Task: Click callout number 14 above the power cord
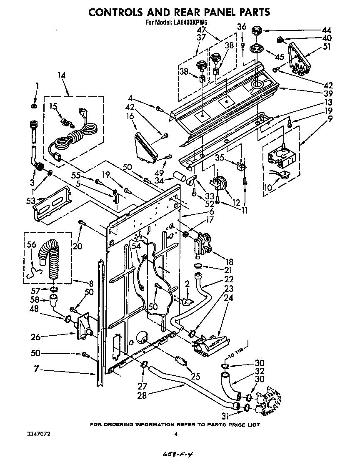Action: [62, 75]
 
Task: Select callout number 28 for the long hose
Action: [142, 395]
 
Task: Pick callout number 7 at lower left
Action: [36, 369]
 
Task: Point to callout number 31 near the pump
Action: [225, 415]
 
